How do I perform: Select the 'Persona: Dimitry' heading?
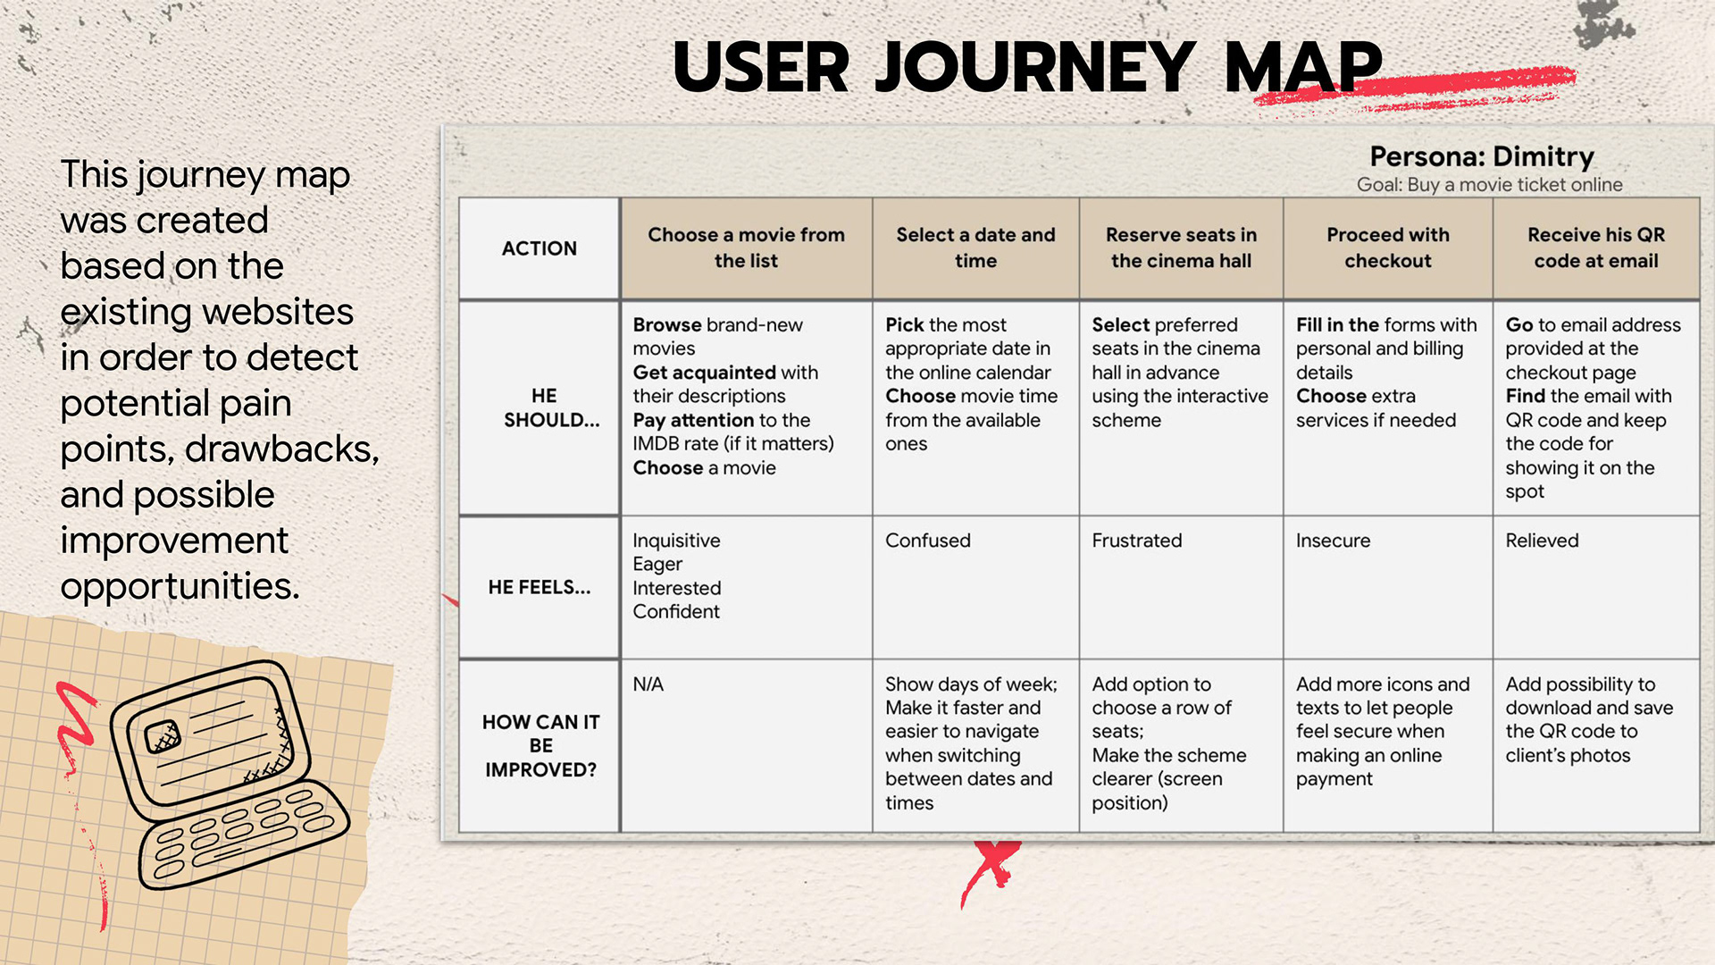1482,156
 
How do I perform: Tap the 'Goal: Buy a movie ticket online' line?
1489,185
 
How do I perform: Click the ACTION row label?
539,248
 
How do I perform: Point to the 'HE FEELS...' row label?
539,587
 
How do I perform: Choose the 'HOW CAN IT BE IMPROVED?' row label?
540,745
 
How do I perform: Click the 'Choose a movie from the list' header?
746,248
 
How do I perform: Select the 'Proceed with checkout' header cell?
1387,248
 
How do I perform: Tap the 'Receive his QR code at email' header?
1595,248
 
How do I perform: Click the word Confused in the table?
927,541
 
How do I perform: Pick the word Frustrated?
1136,541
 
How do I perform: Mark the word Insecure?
1333,541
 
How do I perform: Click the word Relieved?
1542,541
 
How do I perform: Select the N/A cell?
648,684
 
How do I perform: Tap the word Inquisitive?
676,541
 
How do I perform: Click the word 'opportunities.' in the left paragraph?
180,587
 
